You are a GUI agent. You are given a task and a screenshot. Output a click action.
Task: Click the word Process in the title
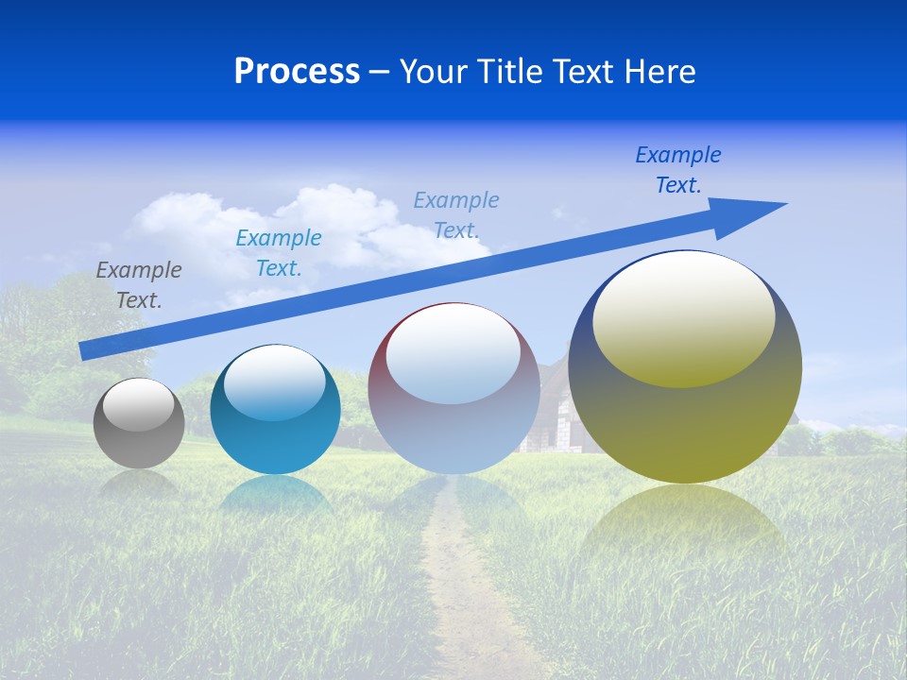pyautogui.click(x=297, y=72)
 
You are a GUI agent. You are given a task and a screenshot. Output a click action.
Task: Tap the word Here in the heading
pyautogui.click(x=658, y=72)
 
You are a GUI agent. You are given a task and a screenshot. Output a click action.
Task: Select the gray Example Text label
pyautogui.click(x=139, y=285)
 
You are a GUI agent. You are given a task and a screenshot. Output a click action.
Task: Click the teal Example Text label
pyautogui.click(x=279, y=253)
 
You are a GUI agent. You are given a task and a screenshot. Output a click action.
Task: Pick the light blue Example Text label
pyautogui.click(x=456, y=214)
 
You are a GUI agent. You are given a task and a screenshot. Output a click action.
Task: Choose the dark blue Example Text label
pyautogui.click(x=677, y=170)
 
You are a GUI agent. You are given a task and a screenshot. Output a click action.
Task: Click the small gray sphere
pyautogui.click(x=139, y=439)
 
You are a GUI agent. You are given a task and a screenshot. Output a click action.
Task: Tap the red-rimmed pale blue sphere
pyautogui.click(x=453, y=425)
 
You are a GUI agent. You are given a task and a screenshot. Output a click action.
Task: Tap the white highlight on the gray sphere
pyautogui.click(x=139, y=404)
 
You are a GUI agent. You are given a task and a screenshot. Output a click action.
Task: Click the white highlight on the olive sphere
pyautogui.click(x=683, y=316)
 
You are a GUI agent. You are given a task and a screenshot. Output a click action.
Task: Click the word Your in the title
pyautogui.click(x=435, y=72)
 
